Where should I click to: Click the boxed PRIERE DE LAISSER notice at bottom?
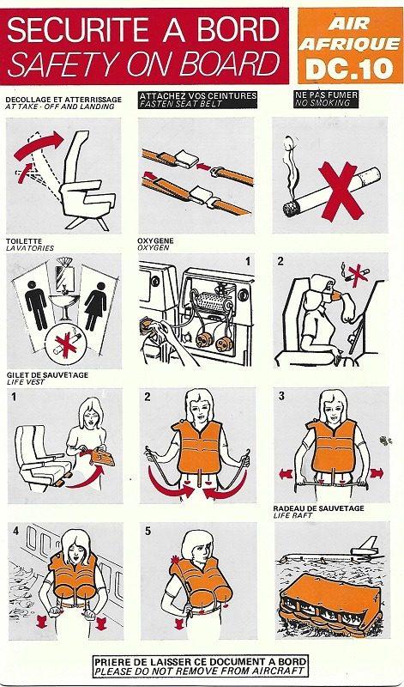pos(202,665)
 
